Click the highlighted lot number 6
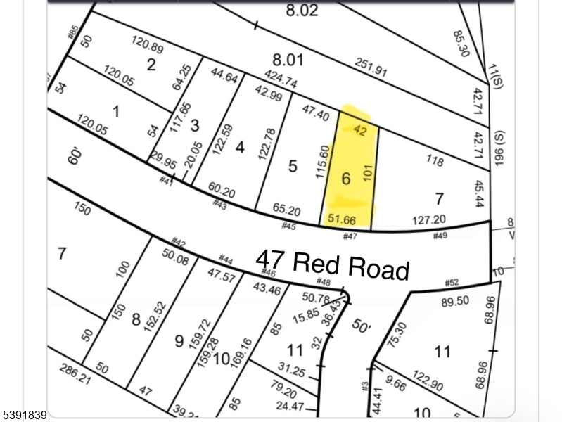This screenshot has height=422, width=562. pyautogui.click(x=345, y=179)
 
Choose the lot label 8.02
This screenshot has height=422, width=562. pyautogui.click(x=302, y=11)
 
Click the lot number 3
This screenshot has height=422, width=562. pyautogui.click(x=195, y=126)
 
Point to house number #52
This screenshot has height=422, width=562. pyautogui.click(x=452, y=283)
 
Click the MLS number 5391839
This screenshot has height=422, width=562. pyautogui.click(x=25, y=415)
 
